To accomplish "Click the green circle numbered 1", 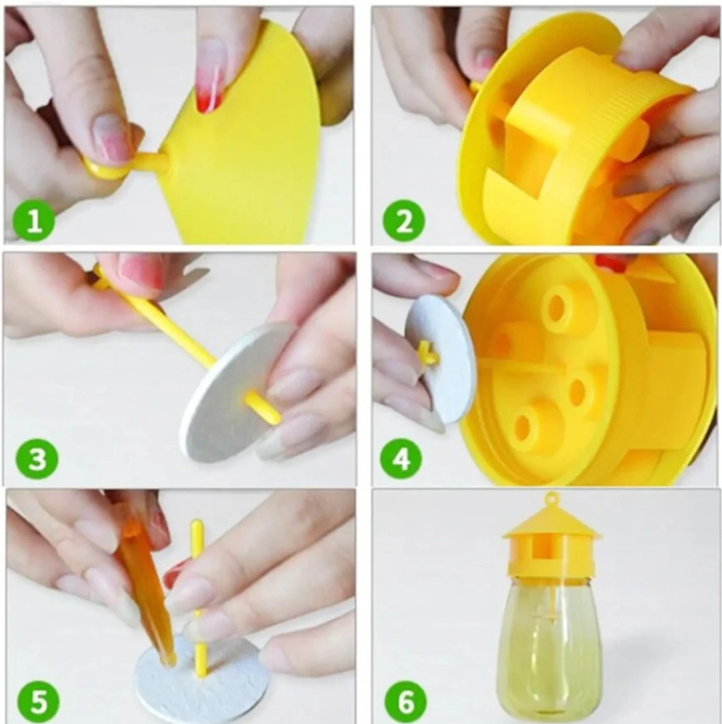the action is click(34, 220).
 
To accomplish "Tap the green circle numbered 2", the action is click(404, 220).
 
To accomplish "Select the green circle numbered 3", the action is click(37, 459).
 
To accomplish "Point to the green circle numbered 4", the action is click(401, 459).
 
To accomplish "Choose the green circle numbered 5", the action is click(38, 701).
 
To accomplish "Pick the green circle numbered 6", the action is click(406, 701).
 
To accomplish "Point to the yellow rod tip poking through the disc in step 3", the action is click(264, 407).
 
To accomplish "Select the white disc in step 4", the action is click(436, 359).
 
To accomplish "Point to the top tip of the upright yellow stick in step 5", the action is click(196, 522).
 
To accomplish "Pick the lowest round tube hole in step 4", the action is click(522, 427).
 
